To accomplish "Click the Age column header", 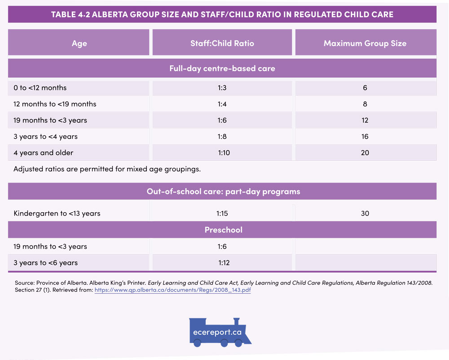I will click(79, 44).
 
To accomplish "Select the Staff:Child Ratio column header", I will click(222, 44).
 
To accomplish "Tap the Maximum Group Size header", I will click(365, 44).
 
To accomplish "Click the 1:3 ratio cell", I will click(222, 88).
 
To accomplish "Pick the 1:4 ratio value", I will click(222, 104).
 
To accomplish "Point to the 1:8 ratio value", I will click(222, 136).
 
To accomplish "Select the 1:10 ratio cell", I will click(224, 153).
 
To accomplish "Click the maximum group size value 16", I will click(365, 136).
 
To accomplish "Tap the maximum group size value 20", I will click(365, 153).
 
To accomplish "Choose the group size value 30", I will click(365, 213).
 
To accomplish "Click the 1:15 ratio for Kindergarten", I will click(222, 213).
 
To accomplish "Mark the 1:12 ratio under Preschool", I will click(224, 263).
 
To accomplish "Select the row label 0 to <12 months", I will click(40, 88).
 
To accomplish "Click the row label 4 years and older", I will click(43, 153).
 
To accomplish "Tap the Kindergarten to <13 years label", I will click(57, 213).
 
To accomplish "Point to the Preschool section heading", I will click(223, 230).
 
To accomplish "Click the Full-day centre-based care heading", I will click(222, 69).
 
